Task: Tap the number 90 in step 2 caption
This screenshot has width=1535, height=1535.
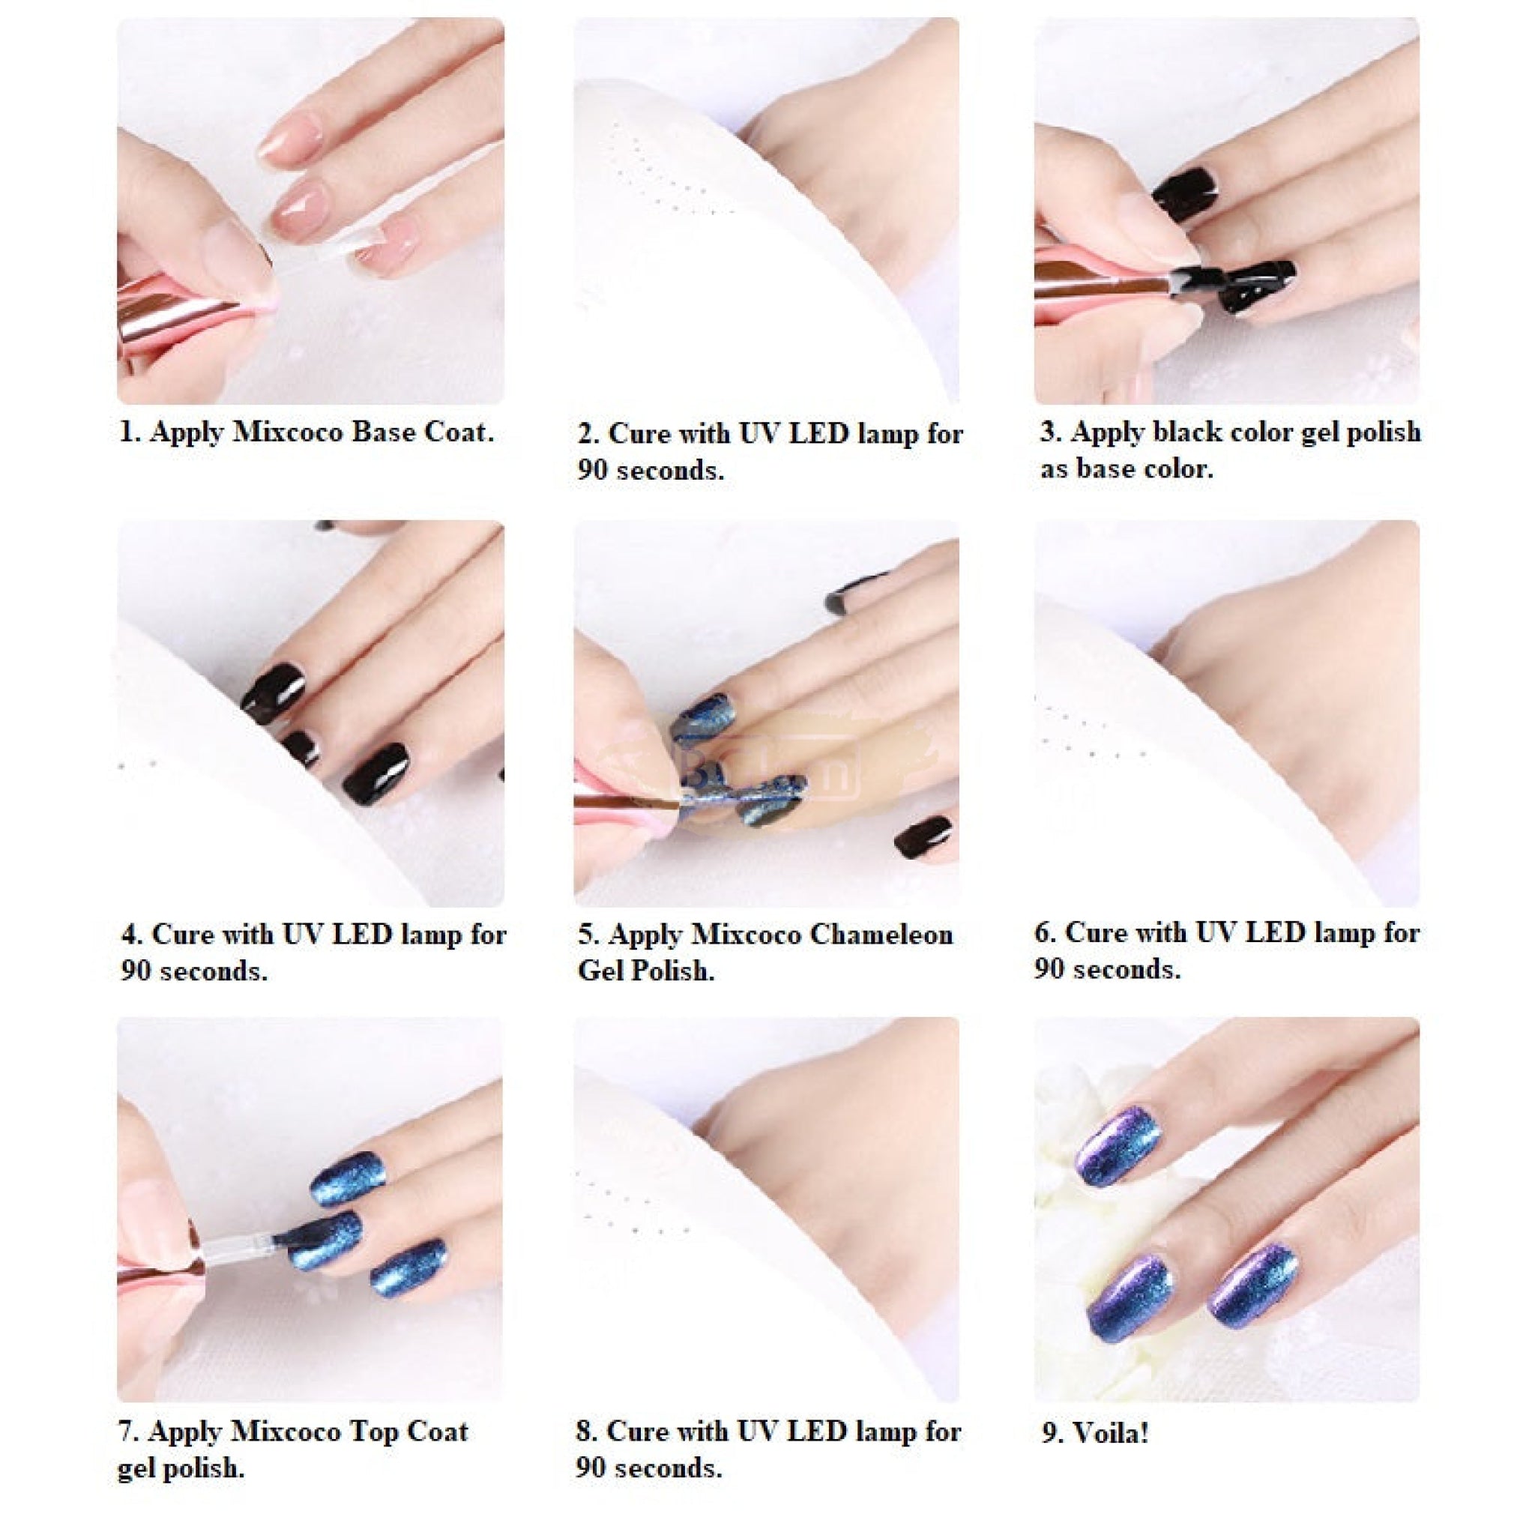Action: pos(593,471)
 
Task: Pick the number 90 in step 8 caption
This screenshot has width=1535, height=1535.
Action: pos(591,1468)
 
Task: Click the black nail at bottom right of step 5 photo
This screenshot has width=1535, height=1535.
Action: pos(923,835)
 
